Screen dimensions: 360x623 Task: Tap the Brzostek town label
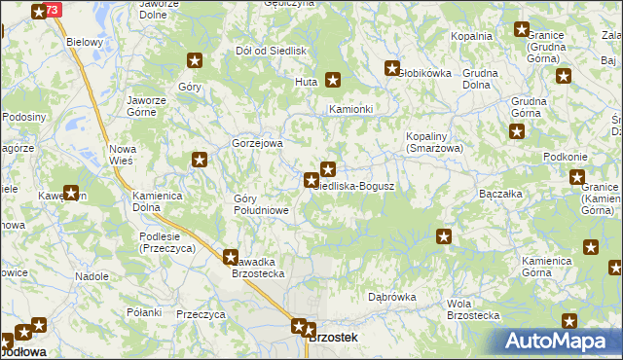(x=332, y=338)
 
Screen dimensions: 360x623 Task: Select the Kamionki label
(x=351, y=109)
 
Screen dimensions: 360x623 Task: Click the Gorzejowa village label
(x=257, y=143)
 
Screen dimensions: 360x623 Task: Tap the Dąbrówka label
(x=392, y=297)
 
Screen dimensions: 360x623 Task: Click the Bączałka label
(x=502, y=194)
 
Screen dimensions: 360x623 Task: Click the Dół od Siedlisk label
(x=272, y=51)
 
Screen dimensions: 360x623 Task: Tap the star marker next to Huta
(x=333, y=81)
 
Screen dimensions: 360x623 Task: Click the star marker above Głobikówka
(x=392, y=68)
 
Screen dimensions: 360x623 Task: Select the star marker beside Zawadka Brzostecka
(x=231, y=258)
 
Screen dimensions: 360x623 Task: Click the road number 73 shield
(x=53, y=9)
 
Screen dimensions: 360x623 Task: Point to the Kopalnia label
(x=471, y=36)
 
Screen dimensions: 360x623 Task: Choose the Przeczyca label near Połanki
(x=201, y=314)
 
